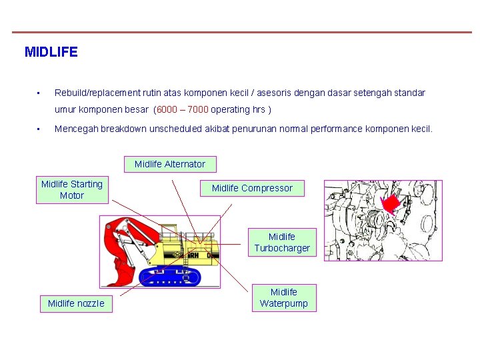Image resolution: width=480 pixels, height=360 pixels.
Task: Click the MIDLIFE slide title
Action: pos(51,52)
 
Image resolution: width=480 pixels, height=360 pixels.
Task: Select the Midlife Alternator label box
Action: pos(170,164)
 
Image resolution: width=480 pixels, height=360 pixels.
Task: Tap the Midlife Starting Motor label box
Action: pos(72,190)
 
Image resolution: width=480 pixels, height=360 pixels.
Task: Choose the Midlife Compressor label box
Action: pos(252,189)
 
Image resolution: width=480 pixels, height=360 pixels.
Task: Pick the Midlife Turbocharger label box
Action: pos(282,243)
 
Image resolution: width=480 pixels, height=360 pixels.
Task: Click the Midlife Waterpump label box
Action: pos(284,297)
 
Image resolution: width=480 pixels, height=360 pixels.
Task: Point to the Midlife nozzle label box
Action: pos(76,304)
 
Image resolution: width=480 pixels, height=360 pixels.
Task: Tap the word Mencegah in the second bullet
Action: pos(76,129)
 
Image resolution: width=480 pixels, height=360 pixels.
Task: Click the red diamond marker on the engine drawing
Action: pos(391,203)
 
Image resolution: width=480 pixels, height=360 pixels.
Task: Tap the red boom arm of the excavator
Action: pos(133,227)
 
